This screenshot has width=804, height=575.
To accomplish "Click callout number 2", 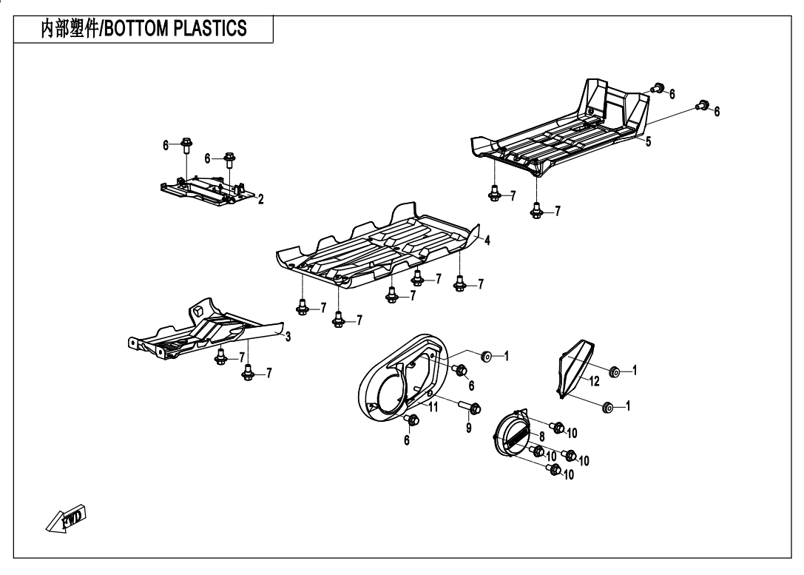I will coord(260,198).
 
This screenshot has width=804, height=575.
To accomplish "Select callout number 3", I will coord(288,337).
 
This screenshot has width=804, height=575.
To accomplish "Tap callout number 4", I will coord(487,240).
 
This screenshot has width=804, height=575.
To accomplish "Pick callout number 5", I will coord(648,142).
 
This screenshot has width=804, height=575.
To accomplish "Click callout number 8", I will coord(541,437).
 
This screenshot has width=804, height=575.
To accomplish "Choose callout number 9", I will coord(469,427).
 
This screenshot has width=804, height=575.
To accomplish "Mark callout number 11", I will coord(434,406).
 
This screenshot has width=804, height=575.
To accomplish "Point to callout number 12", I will coord(594,381).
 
